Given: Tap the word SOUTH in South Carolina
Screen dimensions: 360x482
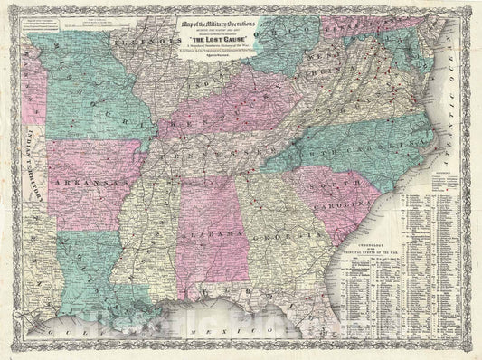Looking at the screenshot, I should (x=323, y=185).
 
